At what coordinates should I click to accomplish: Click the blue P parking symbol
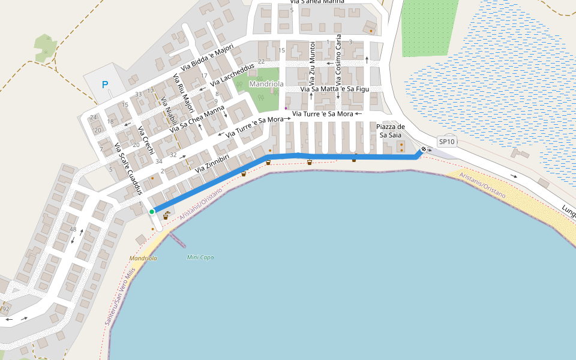pyautogui.click(x=105, y=85)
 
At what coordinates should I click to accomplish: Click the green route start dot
pyautogui.click(x=152, y=212)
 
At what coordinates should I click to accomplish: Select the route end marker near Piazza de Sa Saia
pyautogui.click(x=424, y=149)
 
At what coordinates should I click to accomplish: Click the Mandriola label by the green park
pyautogui.click(x=266, y=84)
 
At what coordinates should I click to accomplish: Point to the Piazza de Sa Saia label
pyautogui.click(x=391, y=131)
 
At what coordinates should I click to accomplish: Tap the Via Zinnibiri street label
pyautogui.click(x=212, y=164)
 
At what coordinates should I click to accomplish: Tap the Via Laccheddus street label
pyautogui.click(x=232, y=73)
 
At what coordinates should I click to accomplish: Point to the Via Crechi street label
pyautogui.click(x=146, y=142)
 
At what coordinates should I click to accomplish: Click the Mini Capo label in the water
pyautogui.click(x=200, y=257)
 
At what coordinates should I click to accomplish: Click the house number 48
pyautogui.click(x=73, y=229)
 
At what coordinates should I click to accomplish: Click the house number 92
pyautogui.click(x=6, y=309)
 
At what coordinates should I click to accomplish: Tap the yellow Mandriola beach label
pyautogui.click(x=143, y=258)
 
